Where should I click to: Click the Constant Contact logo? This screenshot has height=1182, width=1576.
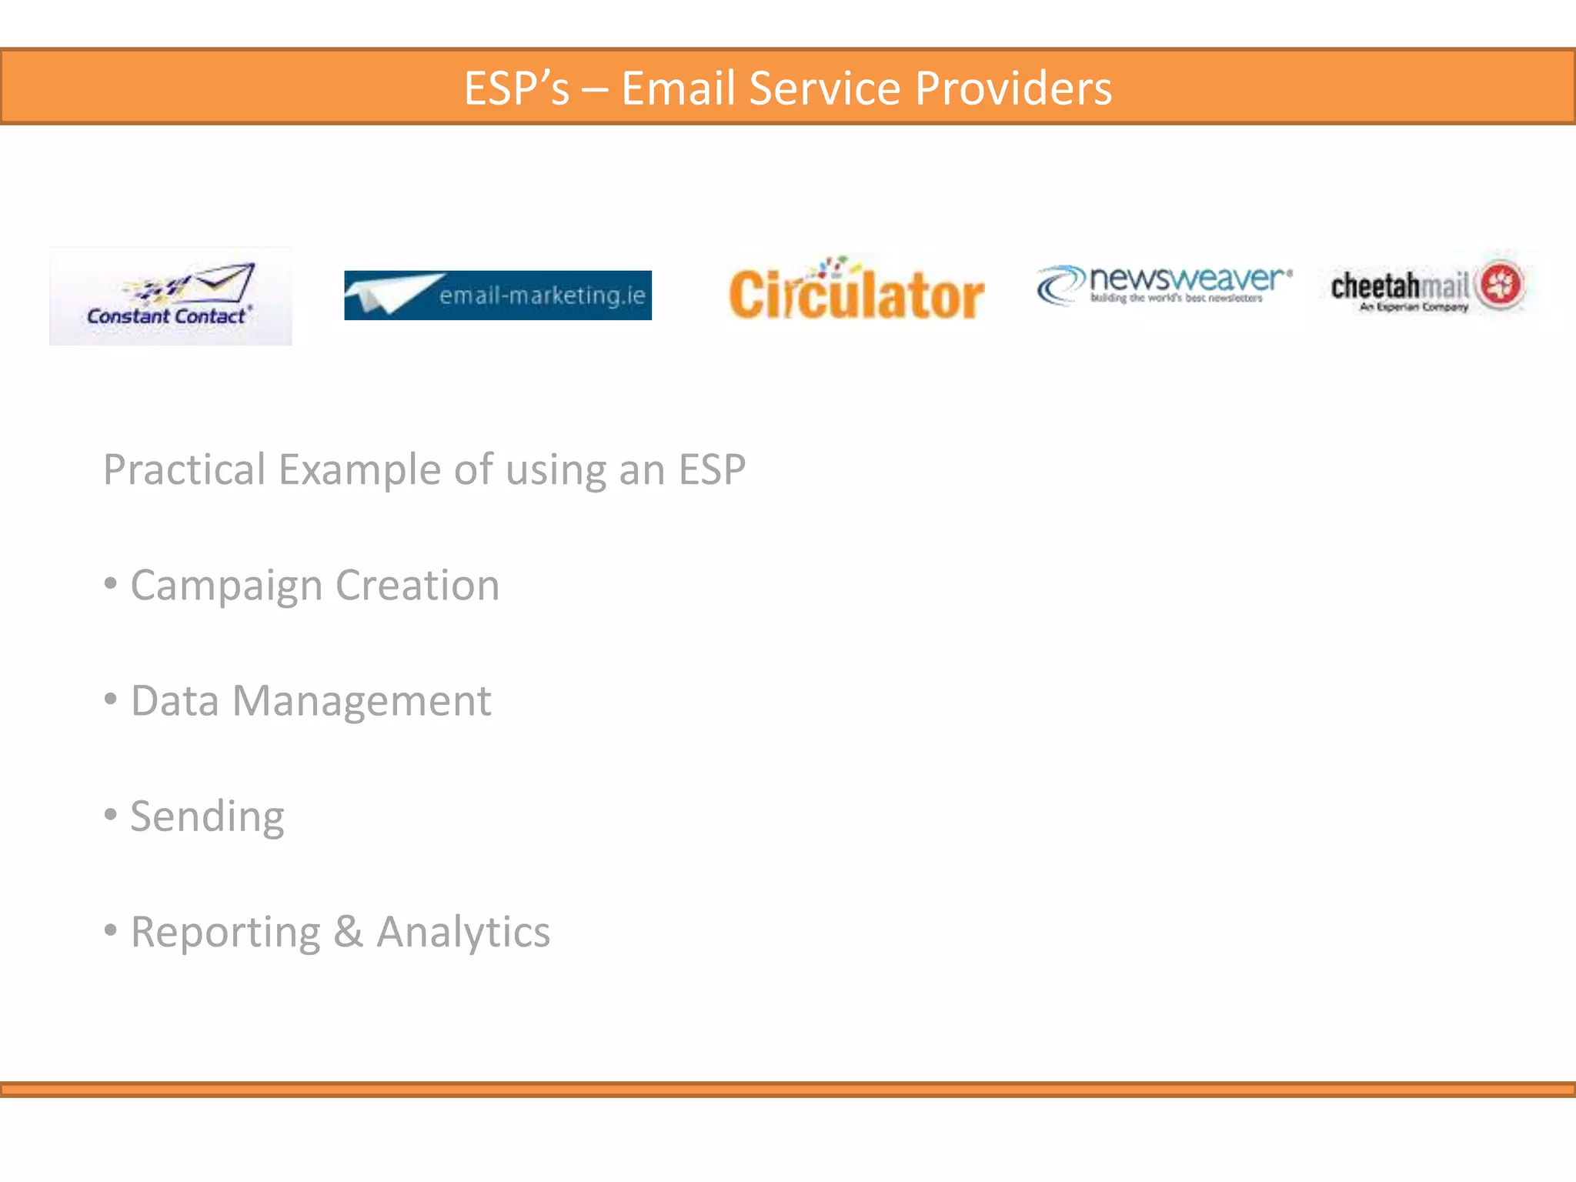[x=170, y=296]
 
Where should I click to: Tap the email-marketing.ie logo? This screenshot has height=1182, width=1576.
[x=497, y=295]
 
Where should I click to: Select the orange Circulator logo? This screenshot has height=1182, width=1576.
[x=856, y=291]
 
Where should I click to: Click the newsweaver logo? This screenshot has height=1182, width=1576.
[x=1164, y=285]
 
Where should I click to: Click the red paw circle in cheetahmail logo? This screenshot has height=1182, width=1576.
[x=1501, y=284]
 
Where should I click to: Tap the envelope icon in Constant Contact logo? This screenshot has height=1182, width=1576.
[x=225, y=282]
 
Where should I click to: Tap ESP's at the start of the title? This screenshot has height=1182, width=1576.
[x=516, y=88]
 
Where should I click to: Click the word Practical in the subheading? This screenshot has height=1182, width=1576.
[x=185, y=469]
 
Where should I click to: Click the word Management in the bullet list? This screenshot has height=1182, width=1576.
[x=362, y=701]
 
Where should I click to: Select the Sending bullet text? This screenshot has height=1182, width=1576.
[x=207, y=816]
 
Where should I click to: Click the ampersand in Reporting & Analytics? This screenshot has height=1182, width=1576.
[x=348, y=932]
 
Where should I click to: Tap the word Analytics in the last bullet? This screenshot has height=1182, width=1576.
[x=463, y=932]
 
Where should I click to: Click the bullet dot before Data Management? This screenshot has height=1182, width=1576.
[x=111, y=700]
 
